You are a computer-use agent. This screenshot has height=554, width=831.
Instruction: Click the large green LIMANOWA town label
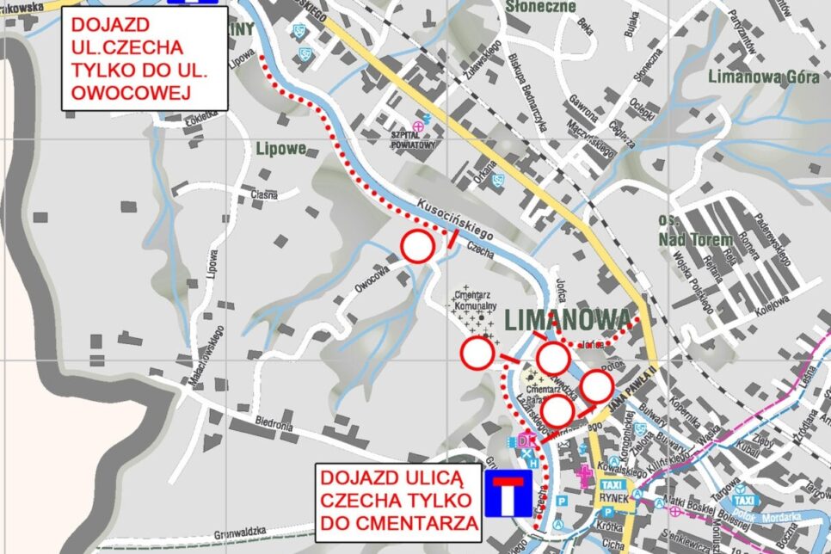(567, 320)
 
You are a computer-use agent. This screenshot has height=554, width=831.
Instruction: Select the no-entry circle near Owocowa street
(417, 247)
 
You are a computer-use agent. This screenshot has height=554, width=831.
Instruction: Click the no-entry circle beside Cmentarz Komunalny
(477, 353)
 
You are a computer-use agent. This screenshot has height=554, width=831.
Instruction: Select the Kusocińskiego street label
(453, 219)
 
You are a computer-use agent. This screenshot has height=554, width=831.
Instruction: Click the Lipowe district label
(280, 149)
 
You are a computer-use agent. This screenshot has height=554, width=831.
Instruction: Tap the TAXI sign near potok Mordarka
(744, 500)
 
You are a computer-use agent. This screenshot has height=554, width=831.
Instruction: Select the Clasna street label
(263, 194)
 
